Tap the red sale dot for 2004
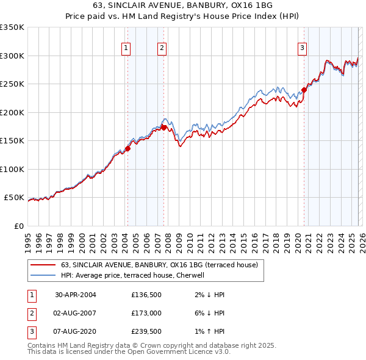pyautogui.click(x=128, y=148)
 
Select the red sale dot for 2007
pyautogui.click(x=163, y=128)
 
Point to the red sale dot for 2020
pyautogui.click(x=304, y=90)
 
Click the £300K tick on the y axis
pyautogui.click(x=12, y=56)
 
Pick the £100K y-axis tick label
pyautogui.click(x=12, y=169)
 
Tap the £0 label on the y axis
pyautogui.click(x=18, y=226)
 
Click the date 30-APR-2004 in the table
pyautogui.click(x=76, y=295)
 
